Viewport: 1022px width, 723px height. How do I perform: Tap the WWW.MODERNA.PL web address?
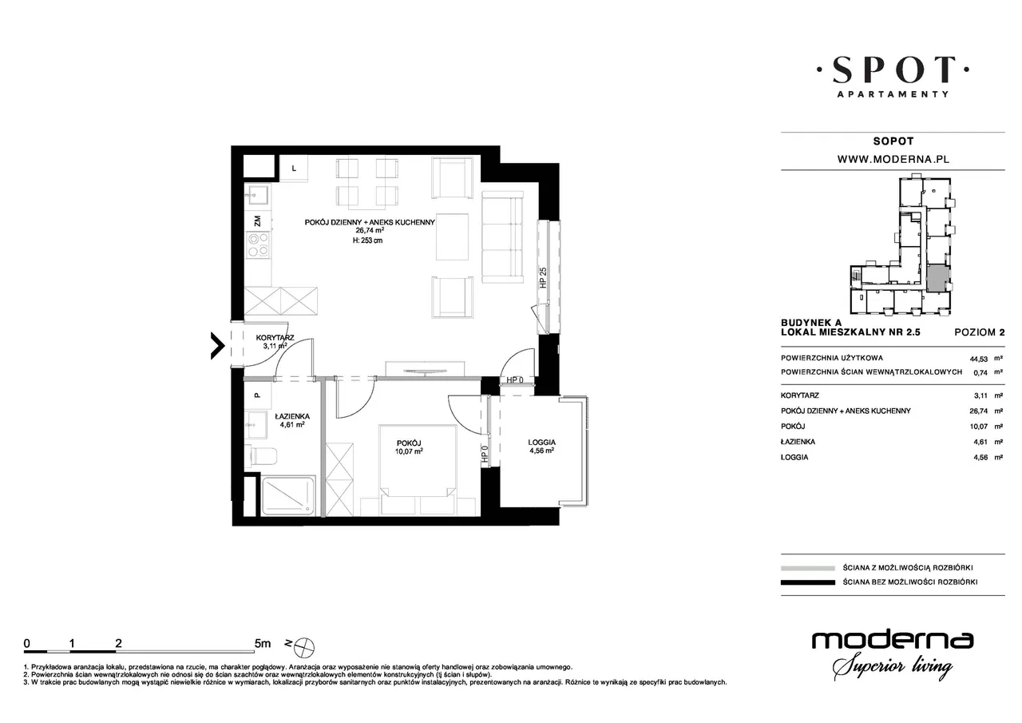[893, 159]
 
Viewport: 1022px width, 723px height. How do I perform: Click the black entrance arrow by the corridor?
[218, 346]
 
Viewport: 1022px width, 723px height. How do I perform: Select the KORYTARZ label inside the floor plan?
[275, 338]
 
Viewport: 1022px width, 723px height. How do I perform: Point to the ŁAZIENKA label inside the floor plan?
[292, 416]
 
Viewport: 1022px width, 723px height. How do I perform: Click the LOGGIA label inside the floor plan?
[541, 443]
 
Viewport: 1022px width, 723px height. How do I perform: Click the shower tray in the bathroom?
[288, 495]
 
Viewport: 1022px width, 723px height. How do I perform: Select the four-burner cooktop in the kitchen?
[258, 245]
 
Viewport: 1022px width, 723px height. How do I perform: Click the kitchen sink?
[257, 197]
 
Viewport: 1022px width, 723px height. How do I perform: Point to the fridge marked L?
[293, 169]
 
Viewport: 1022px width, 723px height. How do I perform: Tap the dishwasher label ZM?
[258, 221]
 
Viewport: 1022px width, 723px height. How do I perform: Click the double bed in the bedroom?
[418, 470]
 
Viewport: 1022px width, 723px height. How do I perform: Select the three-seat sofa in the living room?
[502, 236]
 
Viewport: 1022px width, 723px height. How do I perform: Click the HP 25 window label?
[543, 277]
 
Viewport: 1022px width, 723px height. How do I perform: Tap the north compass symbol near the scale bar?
[304, 648]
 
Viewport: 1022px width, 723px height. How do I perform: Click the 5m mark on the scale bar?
[263, 644]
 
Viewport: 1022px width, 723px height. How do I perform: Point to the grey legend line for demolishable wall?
[807, 568]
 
